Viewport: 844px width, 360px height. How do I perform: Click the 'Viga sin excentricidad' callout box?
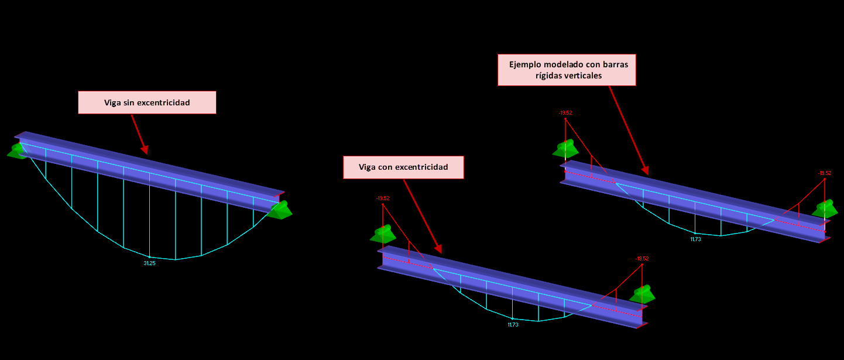pyautogui.click(x=147, y=102)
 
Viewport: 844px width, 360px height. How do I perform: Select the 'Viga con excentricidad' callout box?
pyautogui.click(x=403, y=167)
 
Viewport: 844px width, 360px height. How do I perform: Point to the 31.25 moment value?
pyautogui.click(x=149, y=263)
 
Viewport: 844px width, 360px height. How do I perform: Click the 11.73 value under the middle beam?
pyautogui.click(x=513, y=325)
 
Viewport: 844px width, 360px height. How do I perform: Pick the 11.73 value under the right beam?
pyautogui.click(x=695, y=239)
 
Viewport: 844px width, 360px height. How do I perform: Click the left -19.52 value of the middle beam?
pyautogui.click(x=383, y=198)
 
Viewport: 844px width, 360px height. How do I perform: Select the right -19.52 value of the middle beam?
pyautogui.click(x=642, y=259)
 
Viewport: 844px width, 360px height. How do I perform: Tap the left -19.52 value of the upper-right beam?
pyautogui.click(x=565, y=113)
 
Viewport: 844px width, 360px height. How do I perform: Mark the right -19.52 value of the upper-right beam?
pyautogui.click(x=825, y=173)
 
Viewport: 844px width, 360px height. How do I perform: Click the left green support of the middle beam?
pyautogui.click(x=383, y=234)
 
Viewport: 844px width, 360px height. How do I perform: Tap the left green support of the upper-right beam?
pyautogui.click(x=565, y=149)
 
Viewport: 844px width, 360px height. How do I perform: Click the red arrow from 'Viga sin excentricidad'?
pyautogui.click(x=139, y=134)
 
